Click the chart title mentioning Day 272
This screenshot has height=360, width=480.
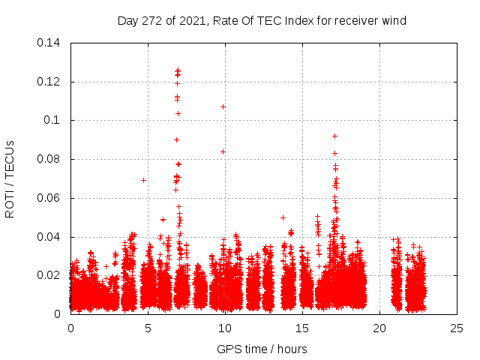tap(262, 21)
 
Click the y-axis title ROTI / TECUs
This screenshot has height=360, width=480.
tap(10, 178)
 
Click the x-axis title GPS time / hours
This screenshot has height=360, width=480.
tap(262, 349)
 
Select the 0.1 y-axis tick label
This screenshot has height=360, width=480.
tap(54, 120)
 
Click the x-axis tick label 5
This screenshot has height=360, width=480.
tap(148, 328)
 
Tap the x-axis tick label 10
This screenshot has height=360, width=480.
tap(225, 328)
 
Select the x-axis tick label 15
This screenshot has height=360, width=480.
tap(302, 328)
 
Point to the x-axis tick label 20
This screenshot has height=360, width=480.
tap(379, 328)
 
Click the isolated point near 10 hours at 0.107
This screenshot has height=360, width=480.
tap(223, 106)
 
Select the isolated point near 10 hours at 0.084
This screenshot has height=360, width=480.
tap(223, 151)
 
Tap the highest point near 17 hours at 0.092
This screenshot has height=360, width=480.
tap(334, 136)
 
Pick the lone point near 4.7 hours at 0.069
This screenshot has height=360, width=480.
tap(143, 180)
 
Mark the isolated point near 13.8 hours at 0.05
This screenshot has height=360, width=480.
tap(283, 217)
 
